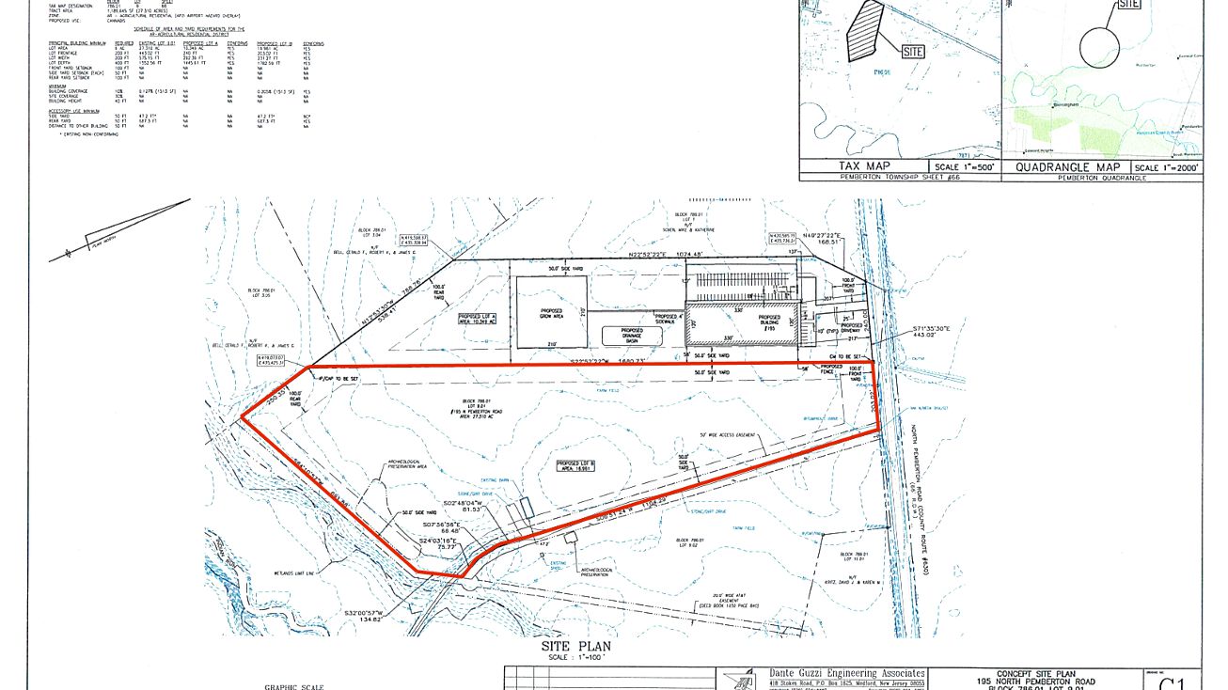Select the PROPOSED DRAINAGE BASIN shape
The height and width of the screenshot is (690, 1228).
tap(632, 336)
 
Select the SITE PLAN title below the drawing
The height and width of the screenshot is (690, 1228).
tap(562, 648)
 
